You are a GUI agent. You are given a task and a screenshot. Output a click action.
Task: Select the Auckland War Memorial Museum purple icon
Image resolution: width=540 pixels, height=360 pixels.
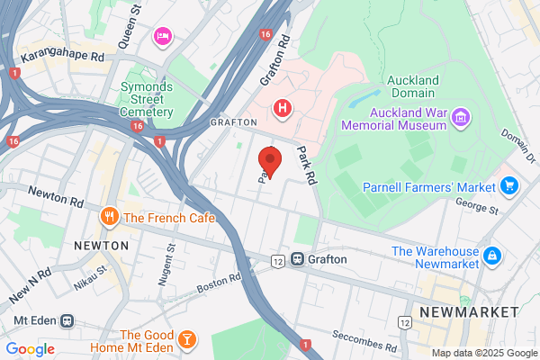tap(460, 116)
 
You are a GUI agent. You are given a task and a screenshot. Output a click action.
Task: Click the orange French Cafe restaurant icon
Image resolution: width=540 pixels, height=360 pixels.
tap(110, 216)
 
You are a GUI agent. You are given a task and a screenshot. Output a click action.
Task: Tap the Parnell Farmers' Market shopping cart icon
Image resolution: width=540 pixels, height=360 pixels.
tap(510, 186)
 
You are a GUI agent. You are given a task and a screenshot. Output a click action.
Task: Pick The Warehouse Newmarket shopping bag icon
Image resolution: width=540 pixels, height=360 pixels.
tap(492, 256)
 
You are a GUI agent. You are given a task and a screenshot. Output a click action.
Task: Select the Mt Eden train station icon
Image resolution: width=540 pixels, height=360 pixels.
tap(67, 321)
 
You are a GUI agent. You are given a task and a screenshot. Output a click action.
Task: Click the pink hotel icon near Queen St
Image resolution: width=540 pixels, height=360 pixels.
tap(163, 35)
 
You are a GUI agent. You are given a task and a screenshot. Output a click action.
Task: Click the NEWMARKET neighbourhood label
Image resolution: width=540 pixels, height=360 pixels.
tap(469, 310)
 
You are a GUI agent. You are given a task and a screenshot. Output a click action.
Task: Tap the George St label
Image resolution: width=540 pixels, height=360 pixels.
tap(477, 210)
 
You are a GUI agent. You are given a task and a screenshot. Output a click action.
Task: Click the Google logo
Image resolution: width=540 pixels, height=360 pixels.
tap(31, 348)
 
